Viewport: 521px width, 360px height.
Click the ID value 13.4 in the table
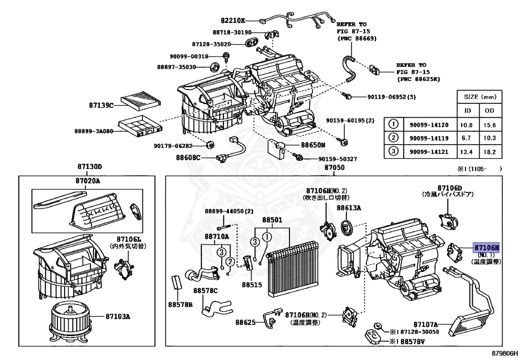click(466, 151)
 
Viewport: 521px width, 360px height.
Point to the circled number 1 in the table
click(393, 124)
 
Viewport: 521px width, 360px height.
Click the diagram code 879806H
click(504, 352)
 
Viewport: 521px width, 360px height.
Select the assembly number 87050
click(334, 167)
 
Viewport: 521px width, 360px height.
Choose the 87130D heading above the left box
click(90, 167)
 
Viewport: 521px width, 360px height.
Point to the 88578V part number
click(413, 342)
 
